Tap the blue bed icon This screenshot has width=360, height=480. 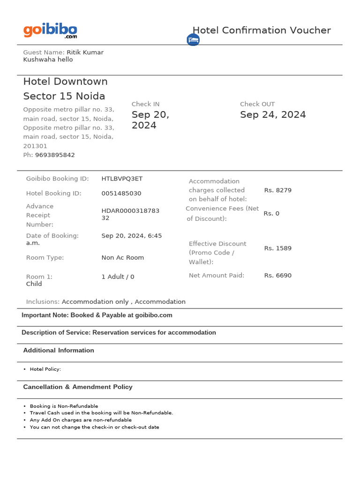click(193, 40)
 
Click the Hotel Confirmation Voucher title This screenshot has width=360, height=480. click(262, 30)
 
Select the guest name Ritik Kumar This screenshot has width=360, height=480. click(85, 52)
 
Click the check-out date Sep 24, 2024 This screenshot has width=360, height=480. click(273, 115)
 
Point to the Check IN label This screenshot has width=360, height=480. click(145, 104)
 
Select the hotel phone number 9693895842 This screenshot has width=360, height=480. click(55, 155)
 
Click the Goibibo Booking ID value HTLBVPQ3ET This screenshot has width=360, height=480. click(122, 179)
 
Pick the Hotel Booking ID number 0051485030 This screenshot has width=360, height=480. click(121, 194)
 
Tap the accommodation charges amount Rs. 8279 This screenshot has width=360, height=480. click(277, 190)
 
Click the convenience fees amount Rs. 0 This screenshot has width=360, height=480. click(271, 213)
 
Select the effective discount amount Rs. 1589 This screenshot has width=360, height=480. click(277, 248)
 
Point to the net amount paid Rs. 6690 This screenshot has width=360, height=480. click(277, 276)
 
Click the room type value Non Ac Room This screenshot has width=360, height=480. click(122, 258)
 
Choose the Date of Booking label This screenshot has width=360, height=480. click(52, 236)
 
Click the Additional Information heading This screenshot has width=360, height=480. click(59, 351)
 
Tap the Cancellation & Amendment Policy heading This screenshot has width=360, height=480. click(78, 387)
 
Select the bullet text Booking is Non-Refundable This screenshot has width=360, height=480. click(64, 406)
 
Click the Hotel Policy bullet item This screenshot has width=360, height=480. click(45, 369)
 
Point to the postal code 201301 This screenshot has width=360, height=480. click(35, 146)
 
